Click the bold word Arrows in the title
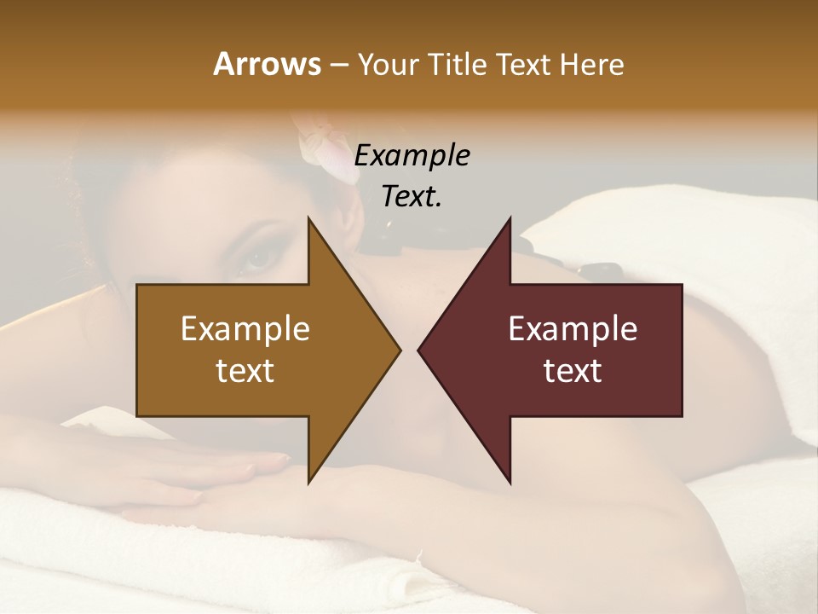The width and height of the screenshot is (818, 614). coord(267,64)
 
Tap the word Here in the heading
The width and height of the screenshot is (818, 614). coord(591,64)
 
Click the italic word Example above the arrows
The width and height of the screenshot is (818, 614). coord(412,156)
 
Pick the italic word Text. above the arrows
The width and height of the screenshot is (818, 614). coord(412,197)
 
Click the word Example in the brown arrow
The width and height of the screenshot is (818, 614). coord(245,329)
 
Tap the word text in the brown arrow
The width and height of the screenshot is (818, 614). coord(245,371)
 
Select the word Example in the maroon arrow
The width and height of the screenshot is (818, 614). coord(573,329)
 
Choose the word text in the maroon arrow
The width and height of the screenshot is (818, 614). coord(573,371)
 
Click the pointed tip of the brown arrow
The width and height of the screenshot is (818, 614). coord(400,350)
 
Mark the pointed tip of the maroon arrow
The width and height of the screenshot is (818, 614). coord(418,350)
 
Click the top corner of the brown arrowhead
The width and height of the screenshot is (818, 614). coord(308,218)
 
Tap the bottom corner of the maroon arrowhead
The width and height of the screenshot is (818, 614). coord(510,483)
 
